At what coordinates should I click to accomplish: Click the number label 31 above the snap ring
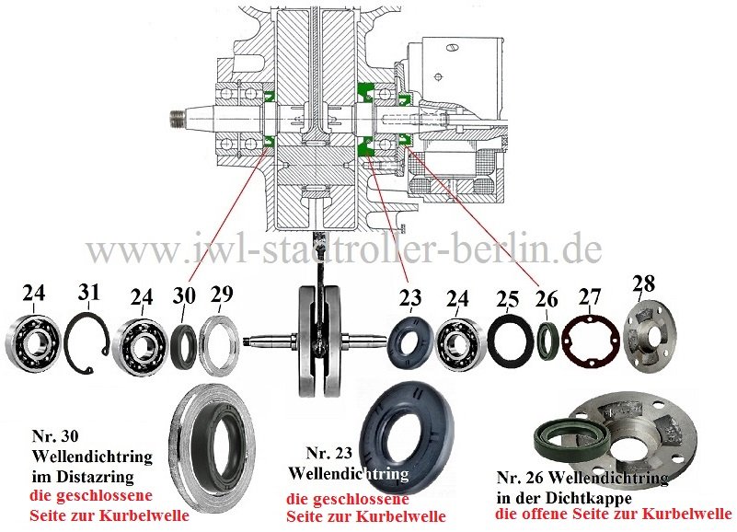(89, 294)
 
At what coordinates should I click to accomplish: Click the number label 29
(222, 295)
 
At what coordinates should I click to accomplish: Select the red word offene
(544, 514)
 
